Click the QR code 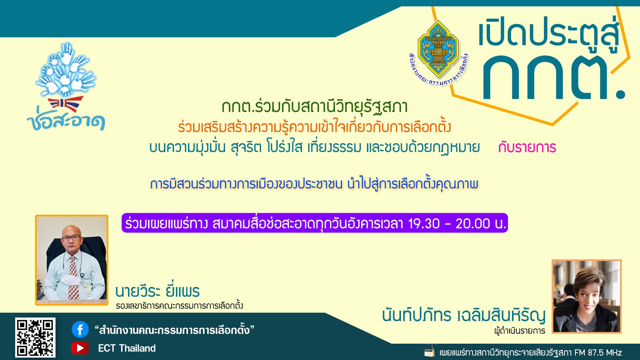coord(35,337)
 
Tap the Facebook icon coord(80,330)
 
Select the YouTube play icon coord(80,348)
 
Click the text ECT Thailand coord(127,348)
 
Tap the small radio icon coord(430,352)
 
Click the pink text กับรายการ coord(527,147)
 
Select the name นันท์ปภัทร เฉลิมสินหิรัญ coord(464,315)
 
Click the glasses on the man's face coord(71,238)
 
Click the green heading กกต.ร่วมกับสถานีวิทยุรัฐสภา coord(315,107)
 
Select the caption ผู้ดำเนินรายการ coord(520,331)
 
